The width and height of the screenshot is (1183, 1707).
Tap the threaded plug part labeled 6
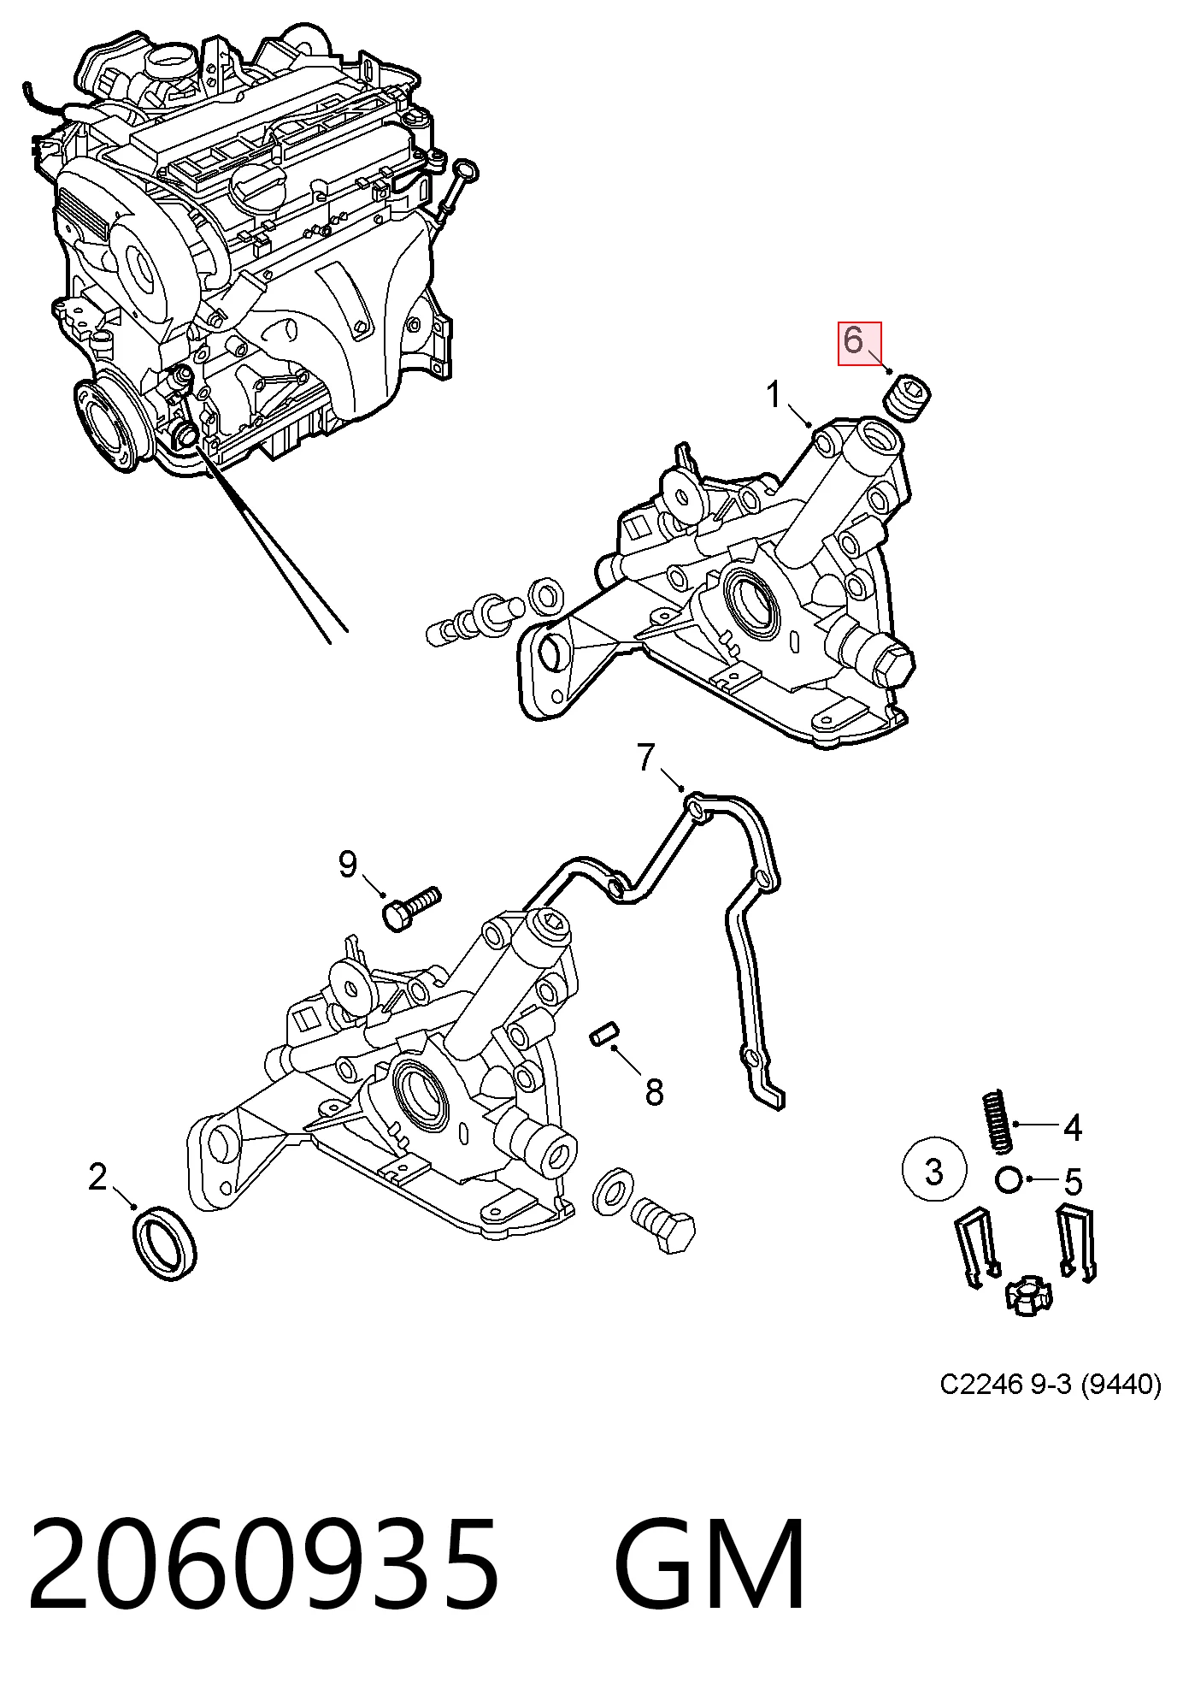[x=906, y=397]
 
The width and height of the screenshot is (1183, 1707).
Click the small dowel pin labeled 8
[x=604, y=1033]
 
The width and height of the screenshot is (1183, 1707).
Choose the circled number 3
[x=934, y=1171]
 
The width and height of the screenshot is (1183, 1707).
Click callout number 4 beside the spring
[x=1072, y=1128]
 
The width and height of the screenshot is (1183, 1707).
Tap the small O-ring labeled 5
[x=1009, y=1180]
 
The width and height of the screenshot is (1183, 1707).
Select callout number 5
[x=1074, y=1182]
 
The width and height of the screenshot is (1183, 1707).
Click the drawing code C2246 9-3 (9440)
[x=1051, y=1408]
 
